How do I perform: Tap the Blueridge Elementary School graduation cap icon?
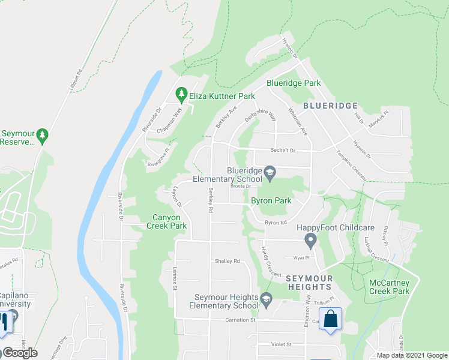270,175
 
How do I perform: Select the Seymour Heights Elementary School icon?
265,298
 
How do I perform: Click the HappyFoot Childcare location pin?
310,241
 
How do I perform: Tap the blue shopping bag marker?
330,319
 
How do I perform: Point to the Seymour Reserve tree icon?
41,136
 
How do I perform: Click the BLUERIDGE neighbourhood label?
330,105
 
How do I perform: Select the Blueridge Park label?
294,83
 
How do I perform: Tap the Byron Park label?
271,200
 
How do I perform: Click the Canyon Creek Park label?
166,221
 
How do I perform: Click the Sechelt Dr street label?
284,151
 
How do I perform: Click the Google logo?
20,353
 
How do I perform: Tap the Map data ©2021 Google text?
411,355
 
